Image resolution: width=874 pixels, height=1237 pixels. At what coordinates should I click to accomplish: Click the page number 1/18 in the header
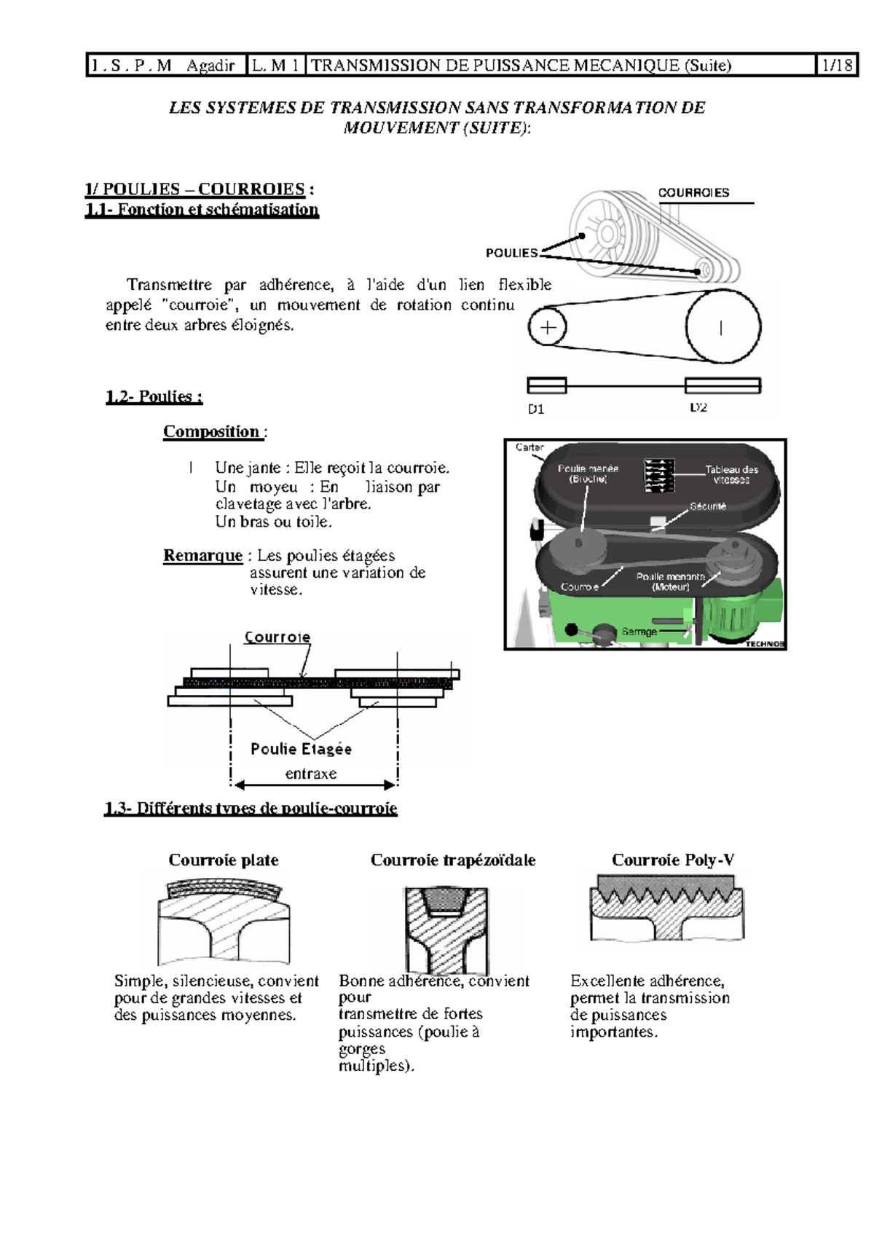pyautogui.click(x=836, y=65)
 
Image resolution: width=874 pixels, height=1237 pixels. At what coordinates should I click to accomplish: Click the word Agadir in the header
pyautogui.click(x=210, y=66)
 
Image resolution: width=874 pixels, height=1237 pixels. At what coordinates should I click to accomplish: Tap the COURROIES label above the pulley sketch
pyautogui.click(x=693, y=192)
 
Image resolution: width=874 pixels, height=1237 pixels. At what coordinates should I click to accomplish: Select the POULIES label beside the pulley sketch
pyautogui.click(x=511, y=253)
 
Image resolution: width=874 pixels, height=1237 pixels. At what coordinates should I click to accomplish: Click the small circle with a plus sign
pyautogui.click(x=548, y=327)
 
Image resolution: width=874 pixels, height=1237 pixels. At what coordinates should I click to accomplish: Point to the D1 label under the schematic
pyautogui.click(x=536, y=409)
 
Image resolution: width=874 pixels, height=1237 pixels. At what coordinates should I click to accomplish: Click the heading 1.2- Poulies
pyautogui.click(x=154, y=396)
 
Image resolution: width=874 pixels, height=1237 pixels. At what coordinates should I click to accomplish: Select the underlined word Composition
pyautogui.click(x=211, y=431)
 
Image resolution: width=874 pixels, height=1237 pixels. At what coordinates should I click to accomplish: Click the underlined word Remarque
pyautogui.click(x=202, y=555)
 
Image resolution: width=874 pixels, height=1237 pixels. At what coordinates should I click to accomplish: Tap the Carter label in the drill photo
pyautogui.click(x=529, y=447)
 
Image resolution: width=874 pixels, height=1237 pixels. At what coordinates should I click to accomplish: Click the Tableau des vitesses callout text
pyautogui.click(x=731, y=474)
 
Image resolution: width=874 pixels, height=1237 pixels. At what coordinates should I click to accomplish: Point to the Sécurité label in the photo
pyautogui.click(x=708, y=506)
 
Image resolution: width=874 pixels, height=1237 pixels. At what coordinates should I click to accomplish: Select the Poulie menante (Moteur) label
pyautogui.click(x=670, y=581)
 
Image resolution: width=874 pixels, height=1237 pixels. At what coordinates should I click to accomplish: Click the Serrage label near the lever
pyautogui.click(x=639, y=632)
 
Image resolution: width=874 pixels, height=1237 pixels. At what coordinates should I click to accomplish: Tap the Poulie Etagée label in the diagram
pyautogui.click(x=301, y=749)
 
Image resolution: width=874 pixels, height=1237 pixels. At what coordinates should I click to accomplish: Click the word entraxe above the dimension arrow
pyautogui.click(x=311, y=774)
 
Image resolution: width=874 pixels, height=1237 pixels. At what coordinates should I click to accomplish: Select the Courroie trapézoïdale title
pyautogui.click(x=453, y=860)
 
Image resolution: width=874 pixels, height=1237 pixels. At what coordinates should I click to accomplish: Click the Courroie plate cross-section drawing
pyautogui.click(x=224, y=922)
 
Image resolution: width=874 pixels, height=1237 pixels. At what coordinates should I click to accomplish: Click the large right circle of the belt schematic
pyautogui.click(x=723, y=327)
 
